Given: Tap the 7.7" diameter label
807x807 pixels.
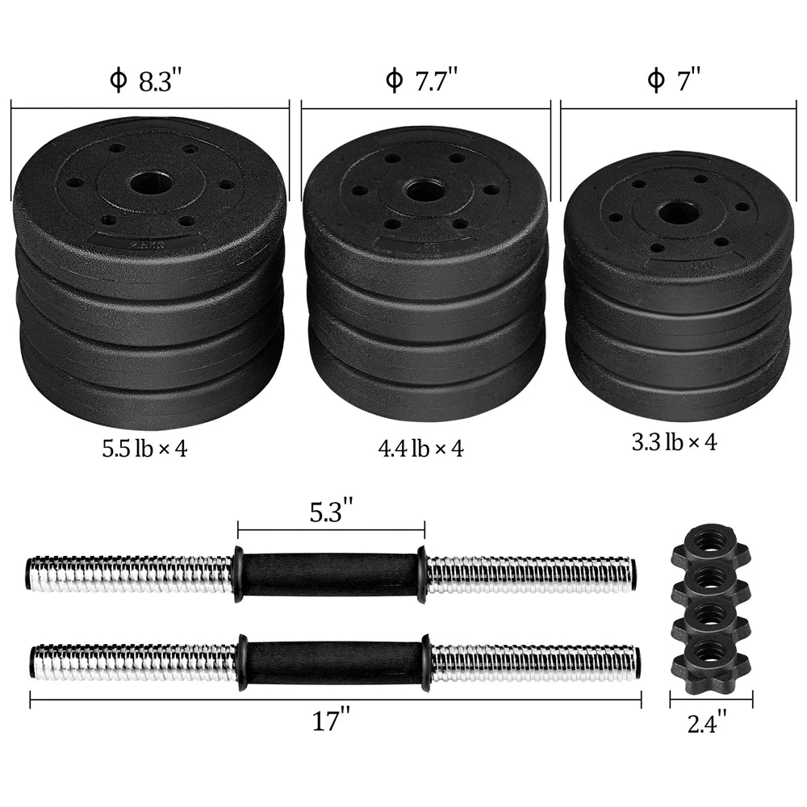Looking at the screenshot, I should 422,82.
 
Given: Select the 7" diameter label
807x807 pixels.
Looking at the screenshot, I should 674,82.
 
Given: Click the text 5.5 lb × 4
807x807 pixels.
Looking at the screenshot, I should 144,449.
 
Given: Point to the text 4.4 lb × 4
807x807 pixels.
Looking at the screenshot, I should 421,449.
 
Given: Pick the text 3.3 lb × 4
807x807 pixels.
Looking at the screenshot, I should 675,441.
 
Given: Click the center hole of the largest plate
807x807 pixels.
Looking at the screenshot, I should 150,182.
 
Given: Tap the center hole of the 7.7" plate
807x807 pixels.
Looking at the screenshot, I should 424,191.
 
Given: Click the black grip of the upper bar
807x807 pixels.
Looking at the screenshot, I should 330,574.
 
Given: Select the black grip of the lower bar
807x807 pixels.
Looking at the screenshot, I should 333,663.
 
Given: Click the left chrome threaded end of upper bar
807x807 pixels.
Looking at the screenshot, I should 129,574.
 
